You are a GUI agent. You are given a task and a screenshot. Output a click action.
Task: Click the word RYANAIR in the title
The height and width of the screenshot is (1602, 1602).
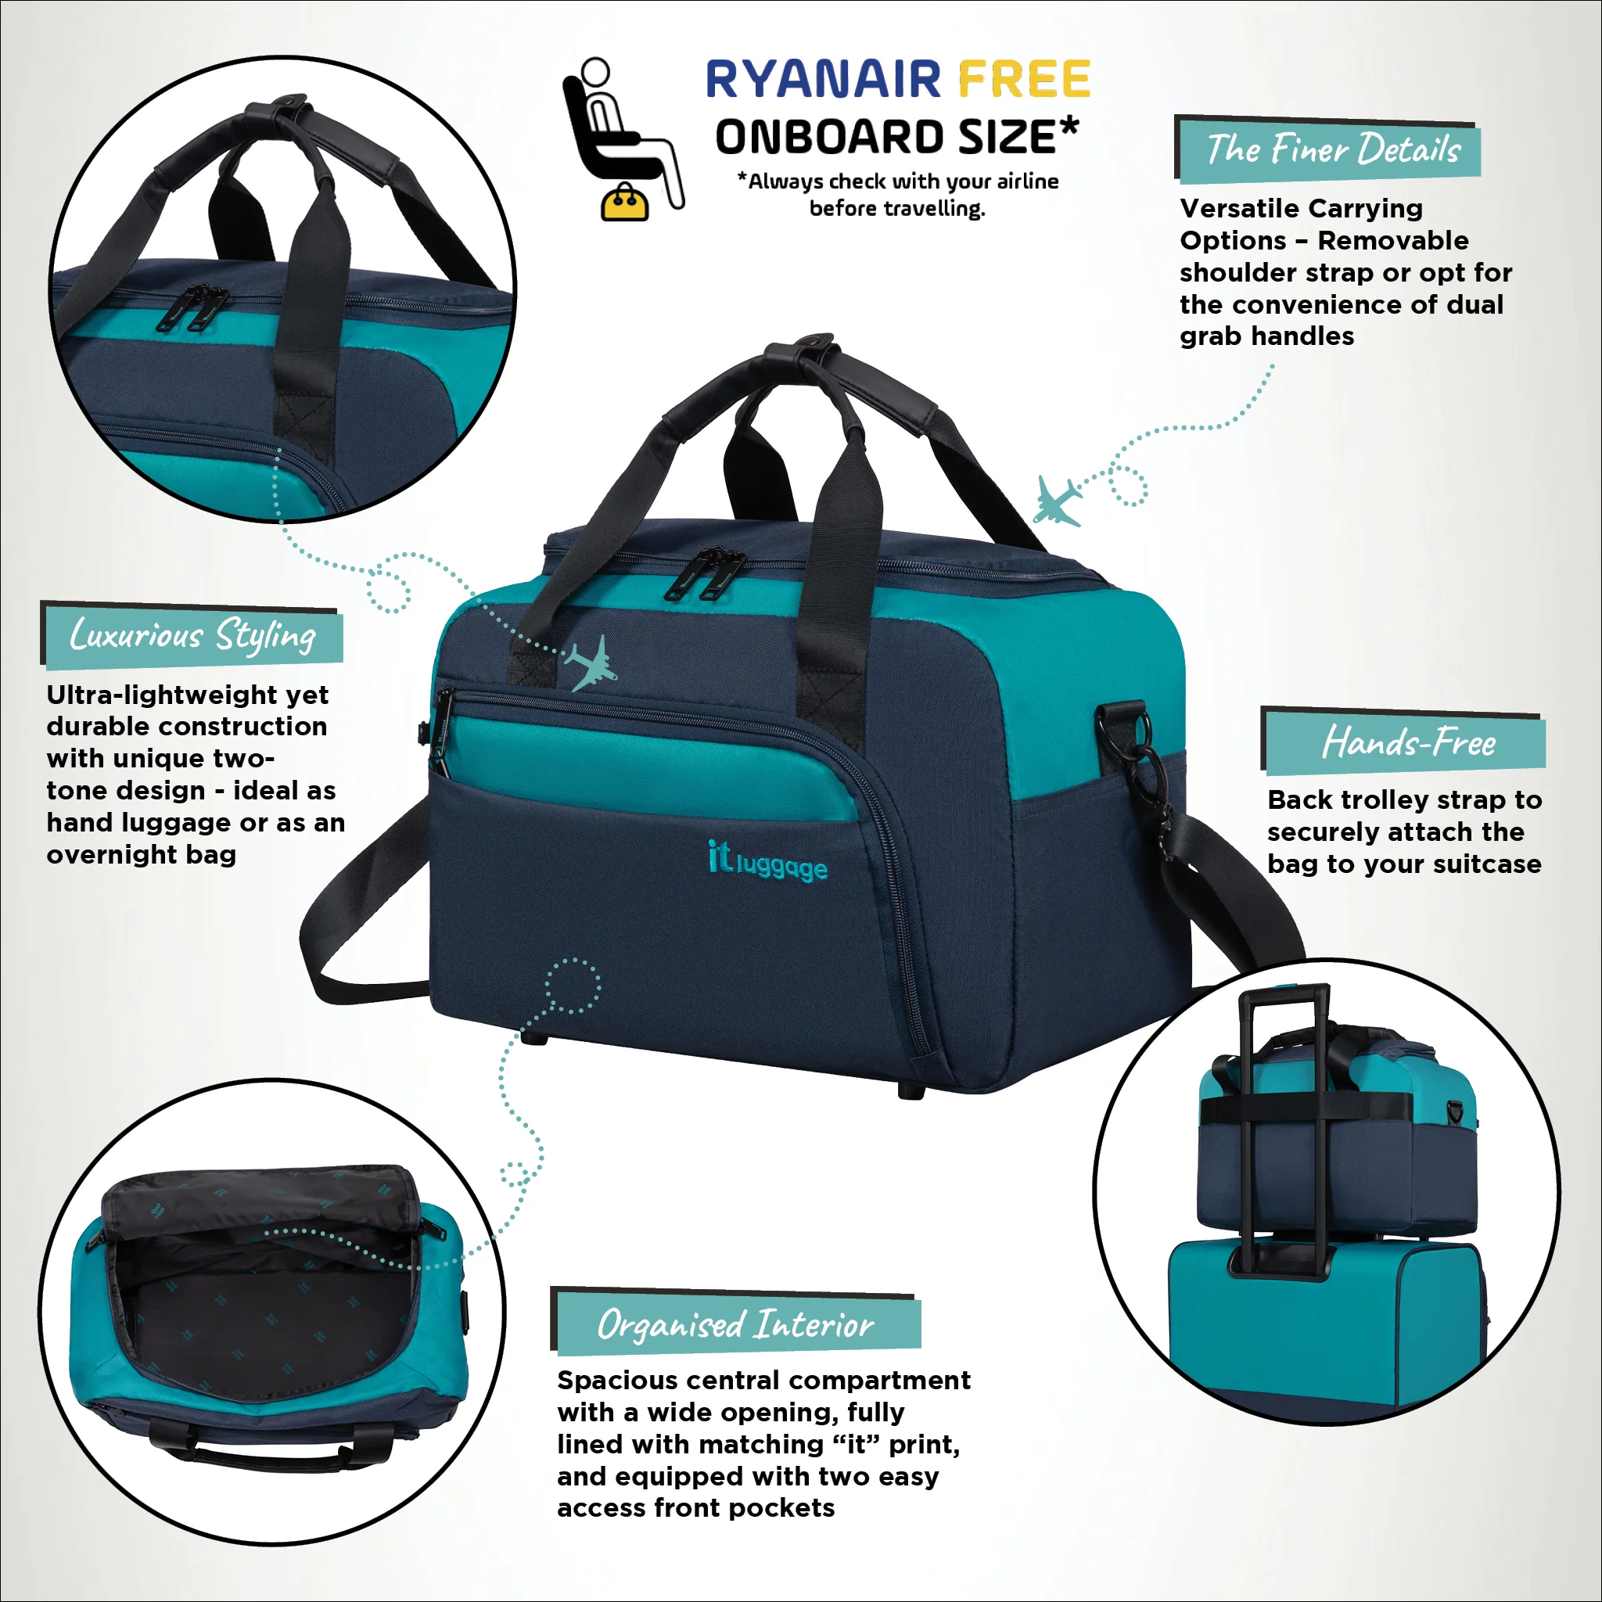(823, 80)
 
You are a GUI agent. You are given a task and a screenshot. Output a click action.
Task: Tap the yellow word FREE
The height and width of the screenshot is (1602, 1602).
(1023, 80)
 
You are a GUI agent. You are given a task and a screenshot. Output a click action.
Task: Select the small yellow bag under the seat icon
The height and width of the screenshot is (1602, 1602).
(625, 203)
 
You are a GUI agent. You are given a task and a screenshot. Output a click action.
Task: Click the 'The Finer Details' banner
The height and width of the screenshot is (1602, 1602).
(1330, 150)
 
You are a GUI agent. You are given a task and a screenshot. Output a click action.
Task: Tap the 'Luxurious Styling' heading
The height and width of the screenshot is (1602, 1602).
(193, 636)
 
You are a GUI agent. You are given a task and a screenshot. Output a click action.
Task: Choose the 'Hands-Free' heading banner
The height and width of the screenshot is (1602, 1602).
(1407, 742)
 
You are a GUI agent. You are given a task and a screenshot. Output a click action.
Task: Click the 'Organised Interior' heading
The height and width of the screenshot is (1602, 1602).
(736, 1324)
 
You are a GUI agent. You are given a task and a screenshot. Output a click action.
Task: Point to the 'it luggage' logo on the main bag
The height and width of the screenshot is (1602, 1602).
(767, 860)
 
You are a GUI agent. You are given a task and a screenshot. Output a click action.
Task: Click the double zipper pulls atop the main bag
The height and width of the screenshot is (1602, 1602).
(705, 572)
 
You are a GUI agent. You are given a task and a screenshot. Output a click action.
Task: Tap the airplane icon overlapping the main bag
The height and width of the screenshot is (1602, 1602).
(591, 663)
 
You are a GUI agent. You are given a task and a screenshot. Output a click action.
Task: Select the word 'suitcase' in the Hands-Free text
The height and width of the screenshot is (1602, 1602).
(1487, 864)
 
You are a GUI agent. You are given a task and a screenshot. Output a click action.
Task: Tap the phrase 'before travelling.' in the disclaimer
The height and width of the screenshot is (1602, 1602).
(897, 208)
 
